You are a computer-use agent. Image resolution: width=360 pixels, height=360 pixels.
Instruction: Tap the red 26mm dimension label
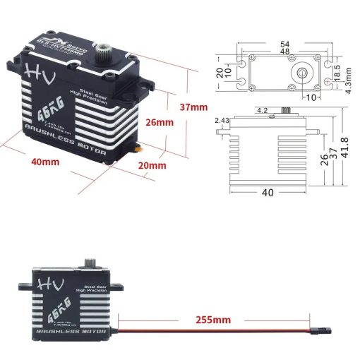[x=160, y=122]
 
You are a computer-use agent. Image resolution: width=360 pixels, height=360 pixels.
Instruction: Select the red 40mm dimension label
[x=45, y=161]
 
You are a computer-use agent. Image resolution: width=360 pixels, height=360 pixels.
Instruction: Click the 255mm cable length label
[x=212, y=320]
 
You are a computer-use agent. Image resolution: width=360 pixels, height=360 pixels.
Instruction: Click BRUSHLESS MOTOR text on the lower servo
[x=69, y=330]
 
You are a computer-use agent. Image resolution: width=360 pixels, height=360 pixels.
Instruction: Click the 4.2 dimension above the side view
[x=260, y=110]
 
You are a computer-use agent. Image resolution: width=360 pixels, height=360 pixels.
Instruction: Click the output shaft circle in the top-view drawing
[x=302, y=71]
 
